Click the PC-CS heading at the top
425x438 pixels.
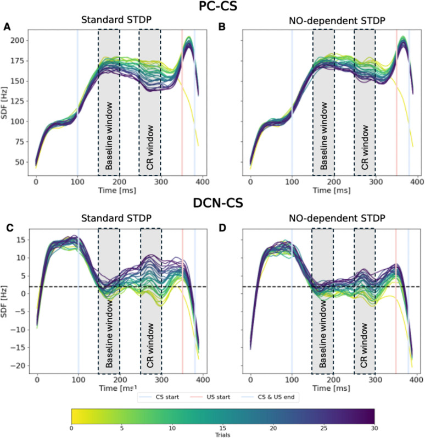pos(212,8)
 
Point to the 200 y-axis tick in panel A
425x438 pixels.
pos(17,40)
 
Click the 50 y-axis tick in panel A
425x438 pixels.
pos(19,163)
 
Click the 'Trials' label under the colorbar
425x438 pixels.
pos(222,433)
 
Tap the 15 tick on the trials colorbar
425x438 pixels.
pos(222,426)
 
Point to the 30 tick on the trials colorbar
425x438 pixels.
pos(373,426)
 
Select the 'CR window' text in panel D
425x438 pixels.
pos(365,330)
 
